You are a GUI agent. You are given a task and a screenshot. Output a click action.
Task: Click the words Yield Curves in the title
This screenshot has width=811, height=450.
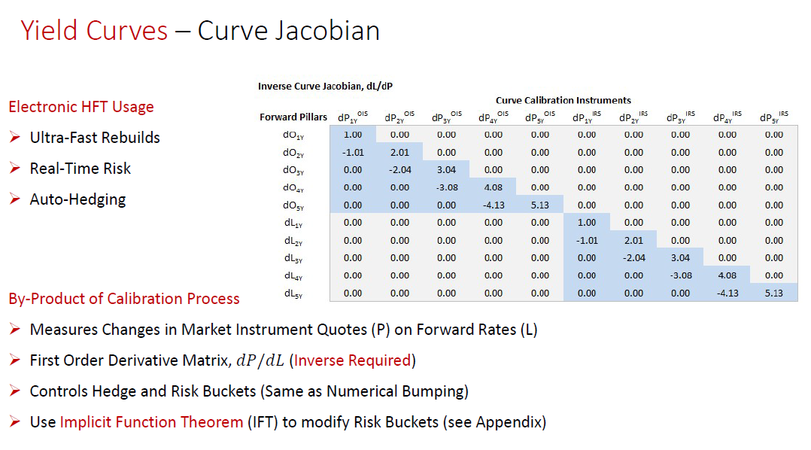pyautogui.click(x=94, y=31)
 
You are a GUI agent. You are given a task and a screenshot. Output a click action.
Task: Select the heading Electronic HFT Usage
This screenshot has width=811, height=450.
pyautogui.click(x=81, y=107)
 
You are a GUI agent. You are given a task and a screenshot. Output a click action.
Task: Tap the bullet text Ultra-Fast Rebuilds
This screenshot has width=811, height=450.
pyautogui.click(x=95, y=138)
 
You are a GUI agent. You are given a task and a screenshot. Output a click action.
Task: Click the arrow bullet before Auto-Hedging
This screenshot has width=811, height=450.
pyautogui.click(x=15, y=199)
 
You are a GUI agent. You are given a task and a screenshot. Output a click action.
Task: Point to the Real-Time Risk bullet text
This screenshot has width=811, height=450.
pyautogui.click(x=80, y=169)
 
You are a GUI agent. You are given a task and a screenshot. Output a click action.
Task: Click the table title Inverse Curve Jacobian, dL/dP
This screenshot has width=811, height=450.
pyautogui.click(x=325, y=86)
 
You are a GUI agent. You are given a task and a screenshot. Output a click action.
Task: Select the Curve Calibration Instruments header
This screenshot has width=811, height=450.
pyautogui.click(x=563, y=100)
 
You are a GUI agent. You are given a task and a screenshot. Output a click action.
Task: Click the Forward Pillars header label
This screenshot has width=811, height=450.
pyautogui.click(x=293, y=117)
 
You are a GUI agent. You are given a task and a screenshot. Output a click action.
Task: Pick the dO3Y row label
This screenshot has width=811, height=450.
pyautogui.click(x=293, y=170)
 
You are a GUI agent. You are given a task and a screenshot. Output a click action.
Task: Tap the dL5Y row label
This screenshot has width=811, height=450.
pyautogui.click(x=293, y=293)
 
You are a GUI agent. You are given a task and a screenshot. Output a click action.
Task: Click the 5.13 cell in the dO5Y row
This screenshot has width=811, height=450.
pyautogui.click(x=540, y=205)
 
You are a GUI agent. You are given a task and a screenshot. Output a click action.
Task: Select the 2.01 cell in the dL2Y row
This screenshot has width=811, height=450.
pyautogui.click(x=633, y=240)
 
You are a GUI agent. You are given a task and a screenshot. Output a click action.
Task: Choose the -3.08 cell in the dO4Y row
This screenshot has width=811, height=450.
pyautogui.click(x=447, y=187)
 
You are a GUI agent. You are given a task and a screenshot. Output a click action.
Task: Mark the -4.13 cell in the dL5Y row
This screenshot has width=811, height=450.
pyautogui.click(x=727, y=293)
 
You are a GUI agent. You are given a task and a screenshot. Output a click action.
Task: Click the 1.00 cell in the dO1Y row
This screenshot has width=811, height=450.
pyautogui.click(x=353, y=135)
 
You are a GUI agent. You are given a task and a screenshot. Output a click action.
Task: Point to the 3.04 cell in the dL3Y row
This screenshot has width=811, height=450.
pyautogui.click(x=680, y=257)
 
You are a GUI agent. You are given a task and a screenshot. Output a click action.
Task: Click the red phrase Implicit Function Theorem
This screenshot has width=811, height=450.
pyautogui.click(x=151, y=422)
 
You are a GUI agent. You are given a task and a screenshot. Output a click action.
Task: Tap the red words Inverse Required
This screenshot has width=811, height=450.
pyautogui.click(x=352, y=360)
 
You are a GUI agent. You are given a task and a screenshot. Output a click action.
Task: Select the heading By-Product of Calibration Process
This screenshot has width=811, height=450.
pyautogui.click(x=124, y=299)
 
